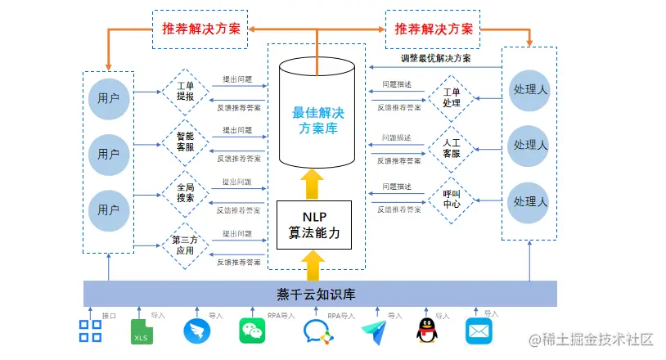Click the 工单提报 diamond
click(x=185, y=91)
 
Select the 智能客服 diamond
click(x=185, y=142)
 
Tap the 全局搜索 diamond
click(x=185, y=193)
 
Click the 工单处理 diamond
click(x=452, y=97)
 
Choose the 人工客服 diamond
click(x=452, y=147)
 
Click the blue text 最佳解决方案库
click(x=313, y=120)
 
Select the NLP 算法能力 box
click(x=314, y=225)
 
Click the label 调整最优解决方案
click(x=435, y=59)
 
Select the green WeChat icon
click(x=253, y=331)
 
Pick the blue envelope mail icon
click(x=479, y=331)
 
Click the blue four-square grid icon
click(x=90, y=331)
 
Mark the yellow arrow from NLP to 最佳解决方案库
click(x=313, y=183)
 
